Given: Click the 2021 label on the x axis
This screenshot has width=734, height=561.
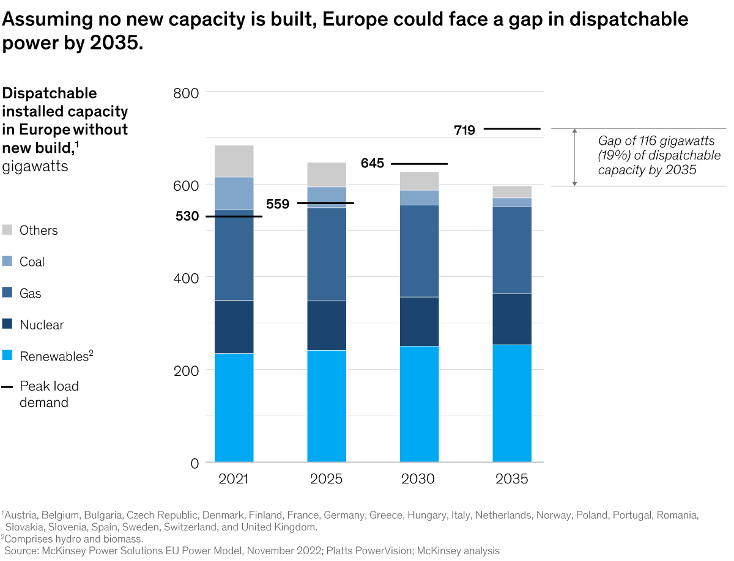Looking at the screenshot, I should (234, 479).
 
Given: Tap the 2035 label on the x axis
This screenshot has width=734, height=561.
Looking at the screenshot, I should (512, 479).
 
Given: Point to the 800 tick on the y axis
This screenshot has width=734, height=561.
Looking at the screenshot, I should (187, 93).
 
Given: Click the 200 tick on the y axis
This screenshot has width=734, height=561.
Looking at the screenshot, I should (187, 370).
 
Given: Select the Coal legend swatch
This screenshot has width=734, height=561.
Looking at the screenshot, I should (7, 262).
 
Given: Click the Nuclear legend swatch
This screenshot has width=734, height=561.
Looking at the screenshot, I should (7, 324).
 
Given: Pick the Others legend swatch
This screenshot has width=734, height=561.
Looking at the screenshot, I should (7, 230).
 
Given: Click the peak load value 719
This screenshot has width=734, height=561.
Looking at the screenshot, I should (464, 130).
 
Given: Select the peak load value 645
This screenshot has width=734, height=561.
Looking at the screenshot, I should (372, 164).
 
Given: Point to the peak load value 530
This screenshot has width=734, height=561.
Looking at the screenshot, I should (187, 216).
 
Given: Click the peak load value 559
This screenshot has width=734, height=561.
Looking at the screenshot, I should (278, 204).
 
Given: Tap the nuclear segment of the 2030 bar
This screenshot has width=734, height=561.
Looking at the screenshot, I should (419, 321).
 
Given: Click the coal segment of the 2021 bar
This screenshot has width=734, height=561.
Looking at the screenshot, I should (234, 193).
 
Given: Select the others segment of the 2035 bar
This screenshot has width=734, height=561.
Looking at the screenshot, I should (512, 192).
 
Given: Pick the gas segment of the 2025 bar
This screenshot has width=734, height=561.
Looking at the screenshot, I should (327, 254).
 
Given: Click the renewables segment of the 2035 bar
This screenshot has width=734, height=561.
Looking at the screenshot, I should (512, 403).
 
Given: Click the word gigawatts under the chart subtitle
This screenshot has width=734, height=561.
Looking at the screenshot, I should (35, 166).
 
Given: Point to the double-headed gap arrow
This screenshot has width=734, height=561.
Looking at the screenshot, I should (574, 157).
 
